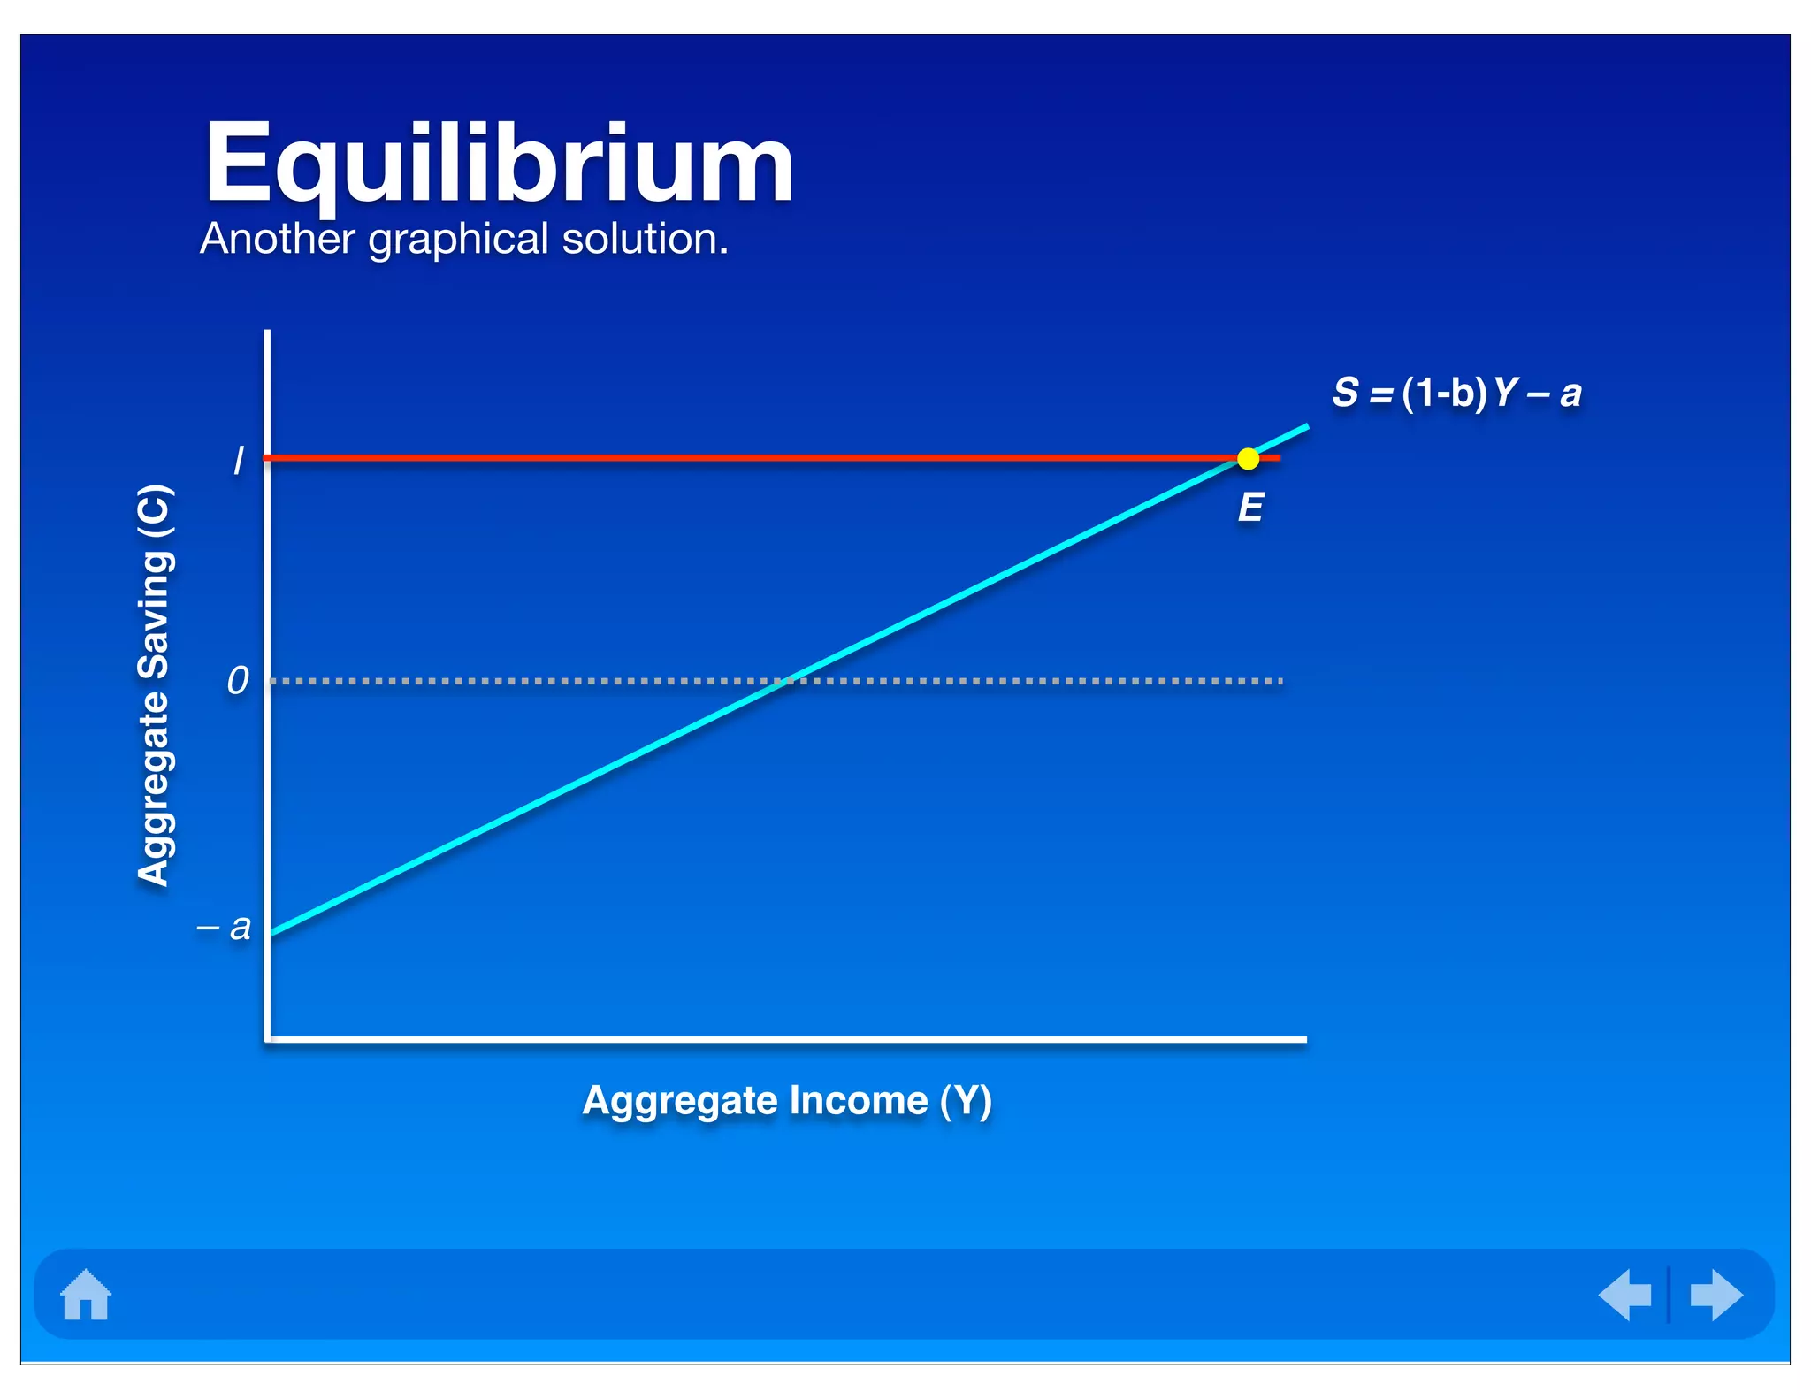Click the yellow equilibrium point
(x=1248, y=459)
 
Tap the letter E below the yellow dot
(x=1250, y=508)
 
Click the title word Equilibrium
(x=499, y=164)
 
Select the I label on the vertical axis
(x=238, y=461)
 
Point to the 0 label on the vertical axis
(x=238, y=681)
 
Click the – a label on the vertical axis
(x=225, y=928)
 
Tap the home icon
(x=86, y=1295)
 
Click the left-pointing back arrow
(x=1625, y=1295)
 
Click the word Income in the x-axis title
(x=859, y=1101)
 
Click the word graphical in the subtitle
(x=459, y=239)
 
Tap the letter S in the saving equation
(x=1345, y=392)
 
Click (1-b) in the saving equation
(x=1444, y=393)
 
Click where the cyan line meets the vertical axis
(x=270, y=934)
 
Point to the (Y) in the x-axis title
(x=966, y=1101)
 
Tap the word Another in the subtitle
(x=277, y=239)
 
